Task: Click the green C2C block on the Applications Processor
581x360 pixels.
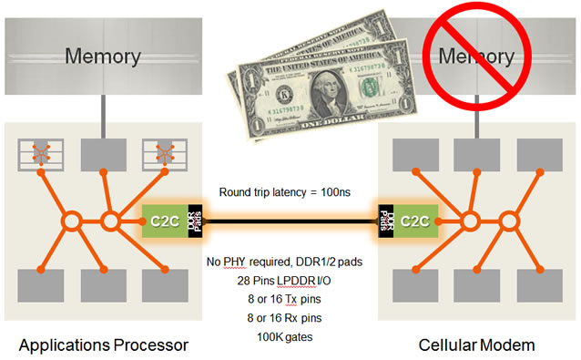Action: click(161, 220)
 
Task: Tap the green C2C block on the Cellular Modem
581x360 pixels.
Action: click(415, 220)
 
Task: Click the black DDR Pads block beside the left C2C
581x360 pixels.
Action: click(193, 220)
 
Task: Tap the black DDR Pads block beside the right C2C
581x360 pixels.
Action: click(384, 220)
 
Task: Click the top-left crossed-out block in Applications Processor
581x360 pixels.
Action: click(39, 154)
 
